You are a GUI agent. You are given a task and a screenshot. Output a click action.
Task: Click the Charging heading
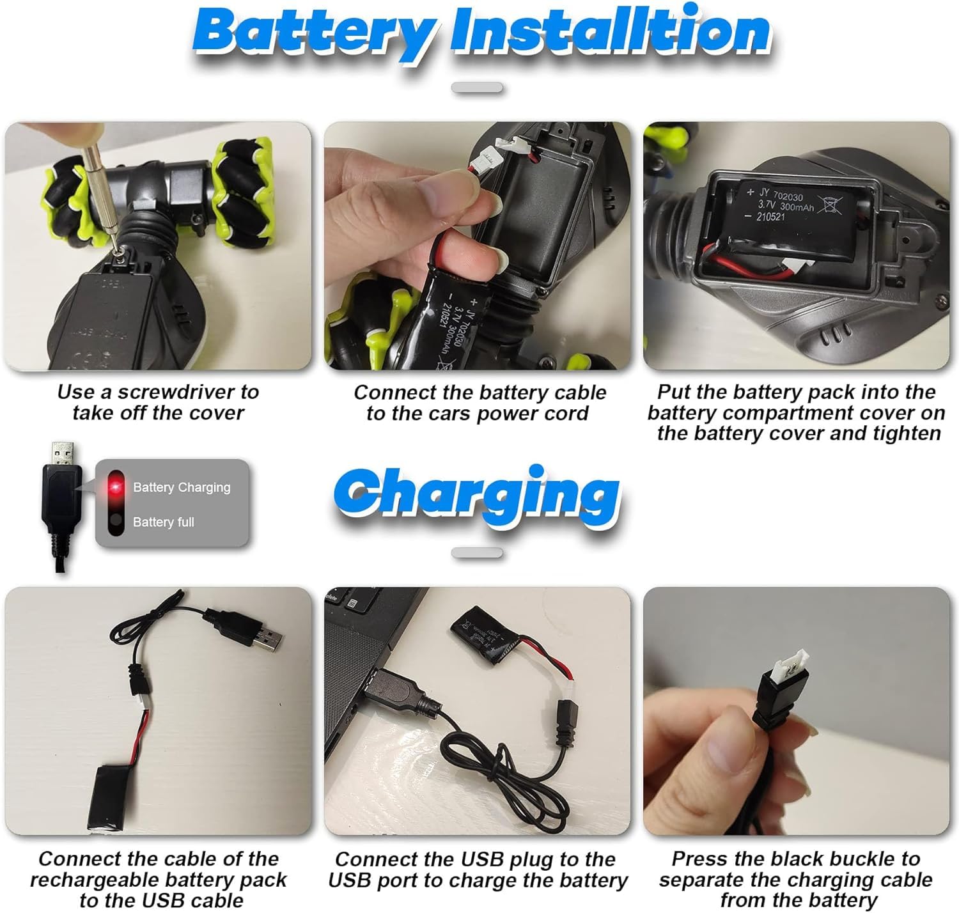coord(476,496)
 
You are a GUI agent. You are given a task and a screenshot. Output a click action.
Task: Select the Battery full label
coord(164,522)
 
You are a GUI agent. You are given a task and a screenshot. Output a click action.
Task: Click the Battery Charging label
coord(182,487)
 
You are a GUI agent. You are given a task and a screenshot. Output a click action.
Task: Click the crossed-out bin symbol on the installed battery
coord(829,204)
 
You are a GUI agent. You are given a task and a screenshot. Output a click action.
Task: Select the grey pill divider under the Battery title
coord(477,88)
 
